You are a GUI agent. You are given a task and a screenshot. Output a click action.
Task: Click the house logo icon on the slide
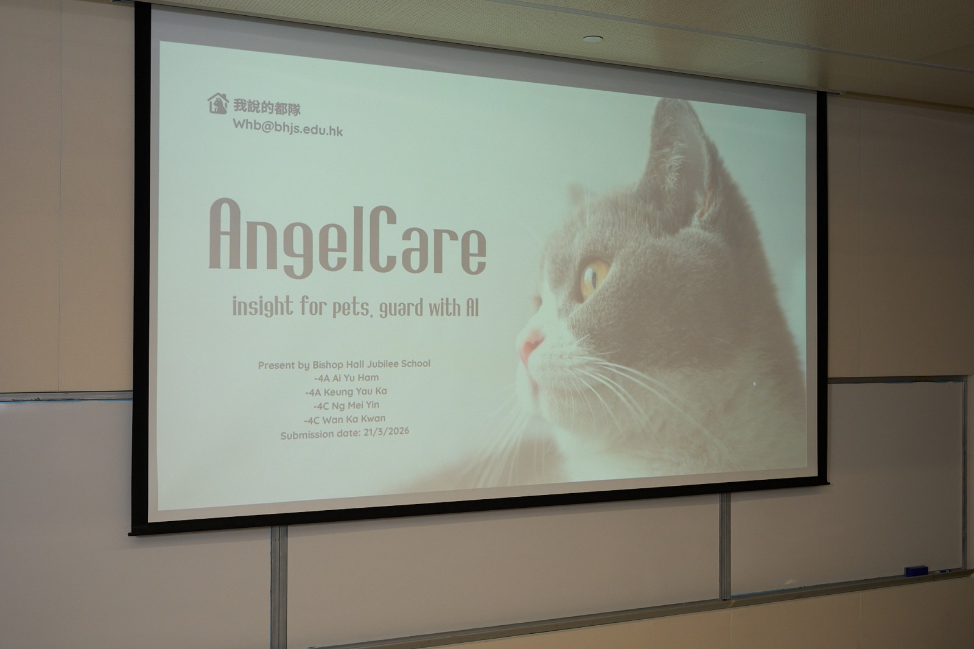click(x=218, y=103)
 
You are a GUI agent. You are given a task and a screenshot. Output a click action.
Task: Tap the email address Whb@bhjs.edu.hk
click(x=288, y=127)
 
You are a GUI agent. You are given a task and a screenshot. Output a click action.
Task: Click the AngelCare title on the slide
click(x=348, y=239)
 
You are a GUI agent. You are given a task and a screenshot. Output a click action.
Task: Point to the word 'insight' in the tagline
click(x=262, y=306)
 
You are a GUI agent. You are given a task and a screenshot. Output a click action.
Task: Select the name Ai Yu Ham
click(x=356, y=377)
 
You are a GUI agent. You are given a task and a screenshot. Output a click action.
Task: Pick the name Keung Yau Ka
click(x=355, y=391)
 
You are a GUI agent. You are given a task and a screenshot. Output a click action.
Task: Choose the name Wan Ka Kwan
click(x=354, y=419)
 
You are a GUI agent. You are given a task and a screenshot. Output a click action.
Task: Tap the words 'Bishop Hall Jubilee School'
click(x=371, y=363)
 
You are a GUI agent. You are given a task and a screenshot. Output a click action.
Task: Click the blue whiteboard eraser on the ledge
click(x=916, y=570)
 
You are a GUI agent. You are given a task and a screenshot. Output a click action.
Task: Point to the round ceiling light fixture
click(x=593, y=39)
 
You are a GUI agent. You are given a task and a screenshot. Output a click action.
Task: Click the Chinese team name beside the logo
click(x=267, y=107)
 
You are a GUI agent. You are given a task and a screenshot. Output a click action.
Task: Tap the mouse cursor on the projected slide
click(x=754, y=384)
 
